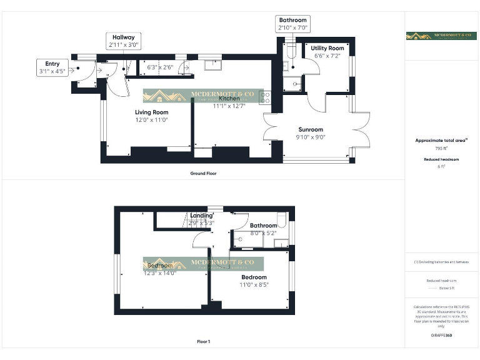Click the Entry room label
tap(52, 64)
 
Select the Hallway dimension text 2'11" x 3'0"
tap(124, 45)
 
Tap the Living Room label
tap(151, 112)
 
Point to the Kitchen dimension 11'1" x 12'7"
tap(229, 106)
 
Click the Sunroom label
tap(310, 129)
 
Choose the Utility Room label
tap(327, 48)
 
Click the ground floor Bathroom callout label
tap(292, 21)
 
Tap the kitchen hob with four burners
tap(265, 96)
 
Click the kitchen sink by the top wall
tap(212, 62)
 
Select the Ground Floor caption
tap(204, 173)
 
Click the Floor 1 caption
tap(203, 342)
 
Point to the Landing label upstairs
tap(201, 216)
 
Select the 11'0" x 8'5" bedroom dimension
tap(254, 284)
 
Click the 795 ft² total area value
tap(441, 149)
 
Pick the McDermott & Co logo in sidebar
tap(441, 36)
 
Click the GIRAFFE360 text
tap(441, 336)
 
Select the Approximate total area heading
tap(441, 141)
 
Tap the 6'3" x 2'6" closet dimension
tap(159, 67)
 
